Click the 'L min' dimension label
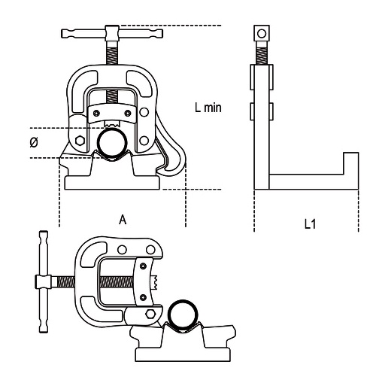point(208,108)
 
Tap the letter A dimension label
point(123,220)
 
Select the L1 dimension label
point(310,223)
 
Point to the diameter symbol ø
point(34,142)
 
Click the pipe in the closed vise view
point(112,142)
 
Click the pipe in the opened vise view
point(183,315)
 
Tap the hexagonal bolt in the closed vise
point(80,141)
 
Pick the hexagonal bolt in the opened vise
point(150,314)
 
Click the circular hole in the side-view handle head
point(262,33)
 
